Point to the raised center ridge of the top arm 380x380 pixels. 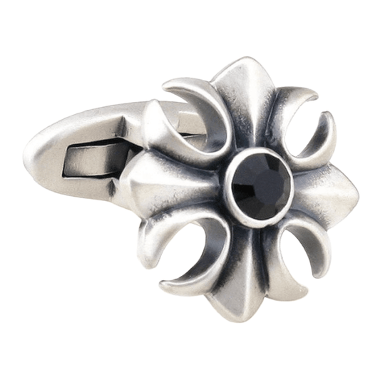tap(246, 107)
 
